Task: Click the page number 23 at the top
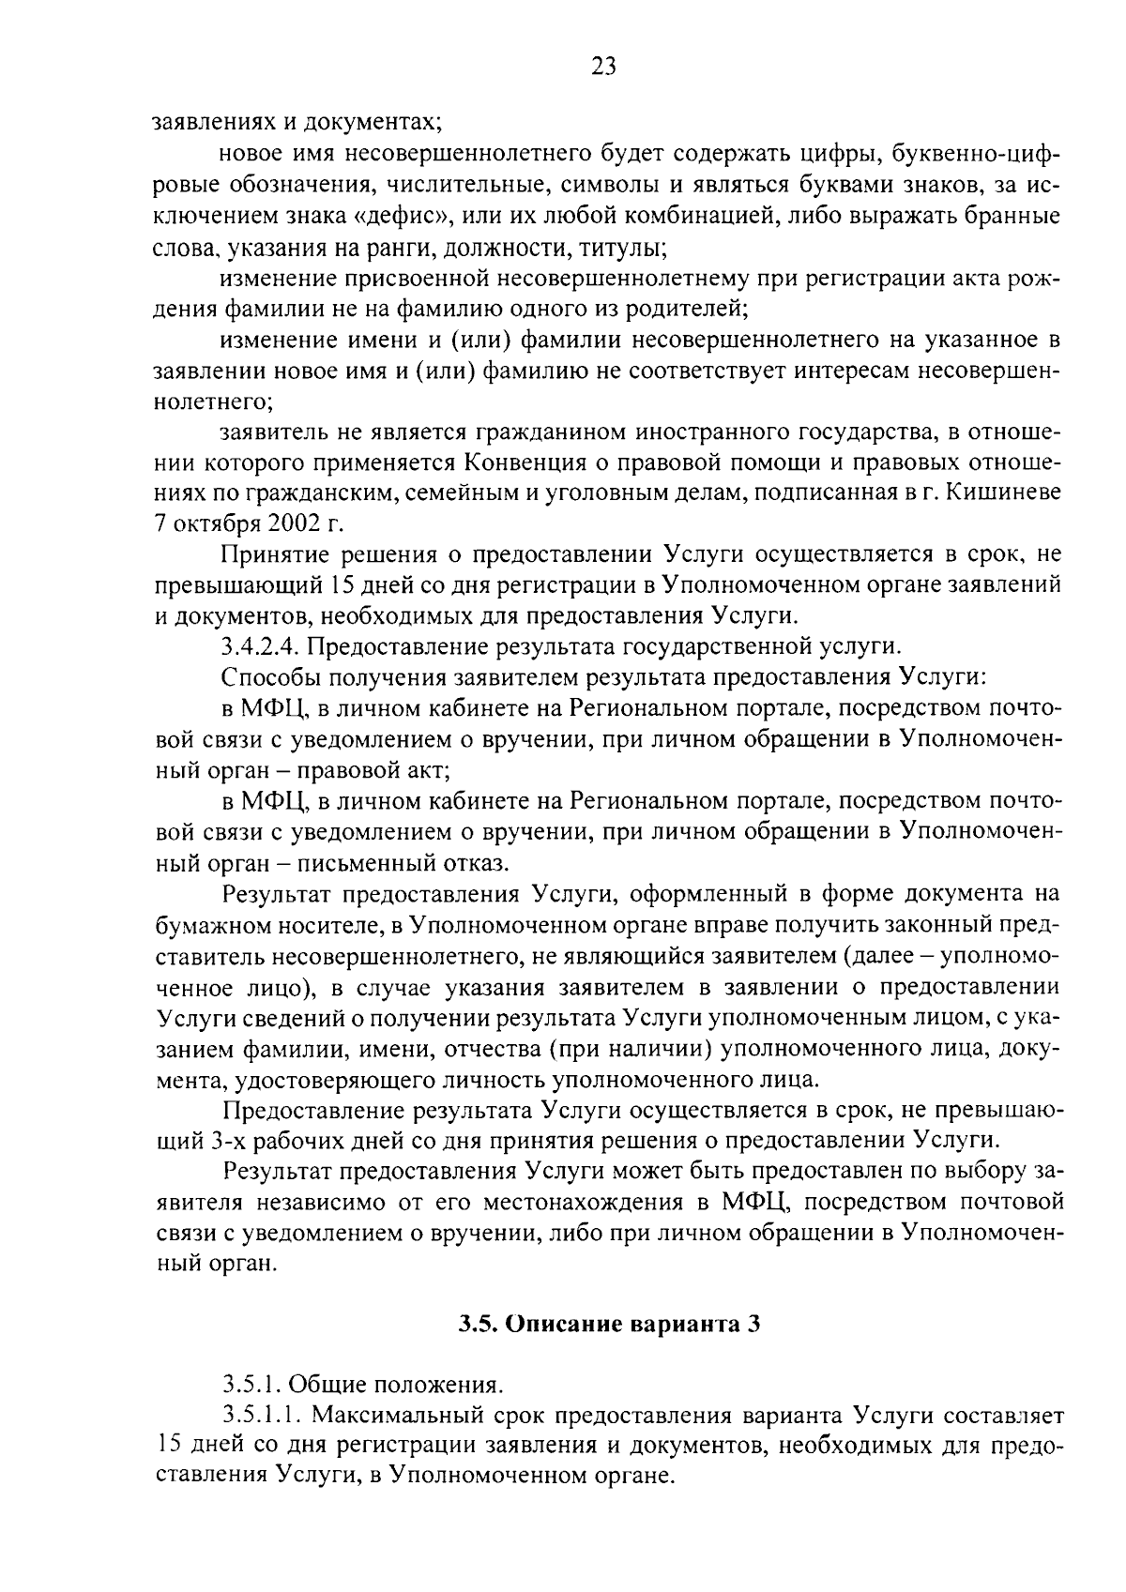(x=603, y=66)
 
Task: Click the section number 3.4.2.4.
(x=260, y=646)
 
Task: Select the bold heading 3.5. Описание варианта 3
(x=608, y=1324)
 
